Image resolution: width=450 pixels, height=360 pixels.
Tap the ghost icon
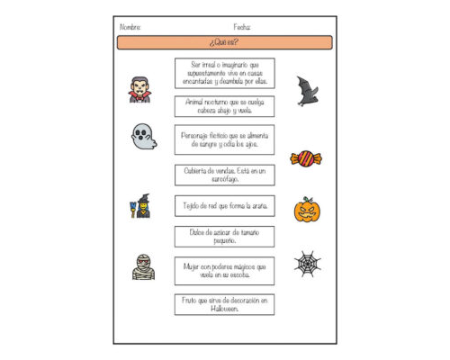[x=143, y=137]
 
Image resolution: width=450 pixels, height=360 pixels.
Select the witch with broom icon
[x=139, y=206]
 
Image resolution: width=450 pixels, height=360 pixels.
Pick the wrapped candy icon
[x=306, y=159]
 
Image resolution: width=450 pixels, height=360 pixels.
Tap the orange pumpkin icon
[x=307, y=210]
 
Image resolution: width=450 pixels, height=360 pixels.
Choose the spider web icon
[x=307, y=264]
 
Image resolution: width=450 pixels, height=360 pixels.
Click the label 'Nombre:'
[x=130, y=27]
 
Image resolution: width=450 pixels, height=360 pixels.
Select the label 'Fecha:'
[x=242, y=27]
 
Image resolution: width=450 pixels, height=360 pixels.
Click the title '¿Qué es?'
[x=224, y=42]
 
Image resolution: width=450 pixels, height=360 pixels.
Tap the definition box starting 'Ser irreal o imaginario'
[x=224, y=73]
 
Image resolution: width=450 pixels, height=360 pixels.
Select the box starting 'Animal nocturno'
[x=224, y=107]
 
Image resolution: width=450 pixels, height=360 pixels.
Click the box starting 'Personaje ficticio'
[x=224, y=139]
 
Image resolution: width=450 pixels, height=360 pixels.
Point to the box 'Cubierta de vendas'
[x=224, y=175]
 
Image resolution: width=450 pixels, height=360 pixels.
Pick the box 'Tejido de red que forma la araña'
[x=224, y=206]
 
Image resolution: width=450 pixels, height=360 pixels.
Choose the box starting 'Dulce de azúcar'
[x=224, y=237]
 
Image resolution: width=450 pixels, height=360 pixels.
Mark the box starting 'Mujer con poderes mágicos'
[x=224, y=271]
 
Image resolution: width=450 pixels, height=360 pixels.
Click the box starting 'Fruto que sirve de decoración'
[x=224, y=304]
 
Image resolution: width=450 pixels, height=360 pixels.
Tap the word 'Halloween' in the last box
[x=225, y=309]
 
